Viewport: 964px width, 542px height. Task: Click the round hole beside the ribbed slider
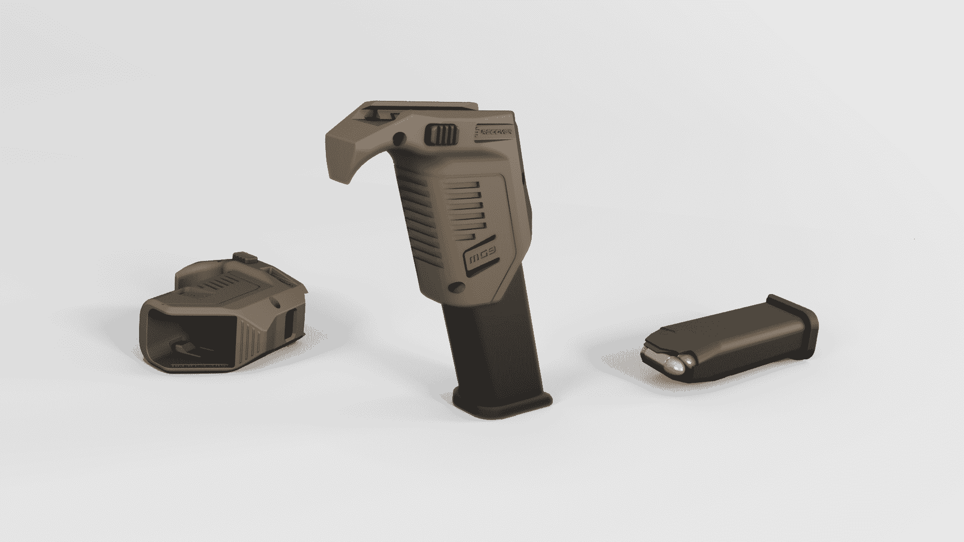(400, 138)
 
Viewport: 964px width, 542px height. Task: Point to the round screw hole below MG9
(456, 287)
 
